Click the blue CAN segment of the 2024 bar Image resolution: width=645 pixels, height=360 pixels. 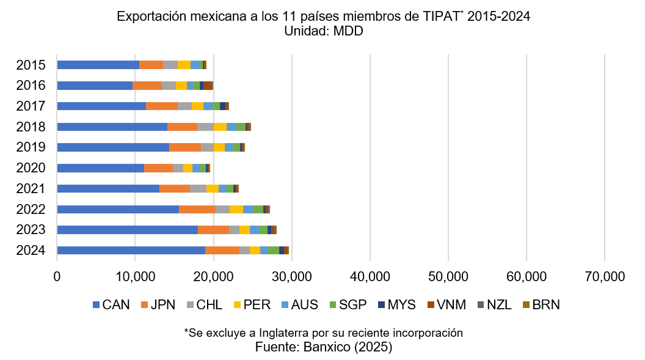click(x=131, y=250)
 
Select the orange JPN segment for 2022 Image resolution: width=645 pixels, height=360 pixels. click(x=197, y=209)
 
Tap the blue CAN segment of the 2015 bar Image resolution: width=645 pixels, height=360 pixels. click(x=98, y=65)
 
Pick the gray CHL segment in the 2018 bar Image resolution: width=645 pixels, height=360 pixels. click(x=205, y=127)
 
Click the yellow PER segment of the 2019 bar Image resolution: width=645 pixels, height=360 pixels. click(x=219, y=147)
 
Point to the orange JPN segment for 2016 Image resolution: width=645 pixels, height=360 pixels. click(x=147, y=86)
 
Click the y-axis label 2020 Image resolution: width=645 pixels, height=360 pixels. click(x=31, y=168)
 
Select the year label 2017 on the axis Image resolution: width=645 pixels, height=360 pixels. click(x=31, y=106)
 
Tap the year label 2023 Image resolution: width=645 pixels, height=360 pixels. click(x=31, y=230)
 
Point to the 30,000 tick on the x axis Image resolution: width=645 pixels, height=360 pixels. click(x=291, y=276)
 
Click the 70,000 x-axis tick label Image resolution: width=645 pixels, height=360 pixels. click(x=604, y=276)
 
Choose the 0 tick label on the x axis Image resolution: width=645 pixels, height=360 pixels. click(x=57, y=276)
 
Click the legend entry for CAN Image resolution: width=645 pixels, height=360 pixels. click(x=111, y=305)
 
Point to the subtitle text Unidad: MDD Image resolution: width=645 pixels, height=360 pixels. click(x=323, y=31)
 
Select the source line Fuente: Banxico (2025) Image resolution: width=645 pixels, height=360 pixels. click(x=323, y=347)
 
